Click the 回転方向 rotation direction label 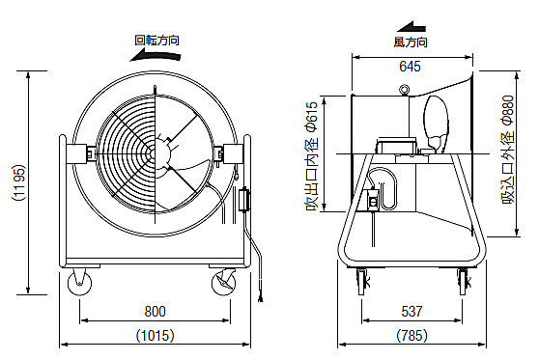(156, 41)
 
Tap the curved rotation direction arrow (155, 56)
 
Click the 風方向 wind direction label (411, 42)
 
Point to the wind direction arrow (411, 27)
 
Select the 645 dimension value (411, 67)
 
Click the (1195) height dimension (19, 182)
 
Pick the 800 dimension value (155, 311)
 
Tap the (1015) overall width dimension (155, 335)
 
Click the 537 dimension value (411, 311)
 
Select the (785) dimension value (411, 335)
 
